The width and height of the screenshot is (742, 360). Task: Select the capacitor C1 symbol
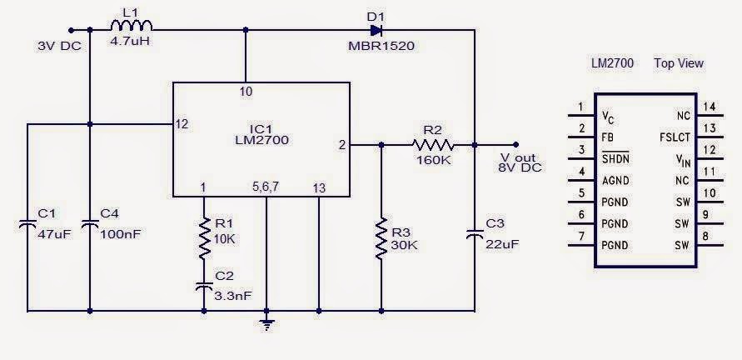(27, 222)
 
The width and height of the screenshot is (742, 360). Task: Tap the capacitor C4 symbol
(89, 222)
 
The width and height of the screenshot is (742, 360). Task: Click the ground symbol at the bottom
(266, 323)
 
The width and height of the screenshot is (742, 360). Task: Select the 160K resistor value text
(432, 160)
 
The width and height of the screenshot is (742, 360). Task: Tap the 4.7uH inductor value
(130, 41)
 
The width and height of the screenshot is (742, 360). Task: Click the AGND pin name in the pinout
(617, 179)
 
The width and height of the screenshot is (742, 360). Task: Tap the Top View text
(679, 63)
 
